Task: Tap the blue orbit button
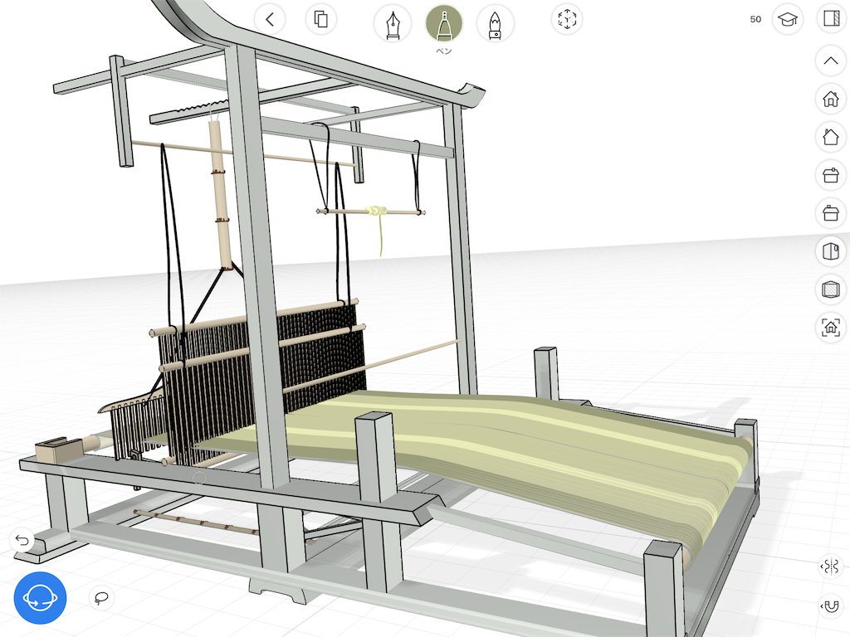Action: (40, 598)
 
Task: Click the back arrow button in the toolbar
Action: (270, 20)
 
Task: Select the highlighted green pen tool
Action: (444, 24)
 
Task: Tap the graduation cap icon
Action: (788, 20)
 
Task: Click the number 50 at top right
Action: (755, 20)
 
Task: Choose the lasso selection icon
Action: (101, 598)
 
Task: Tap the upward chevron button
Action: (831, 61)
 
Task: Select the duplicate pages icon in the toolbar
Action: (321, 20)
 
